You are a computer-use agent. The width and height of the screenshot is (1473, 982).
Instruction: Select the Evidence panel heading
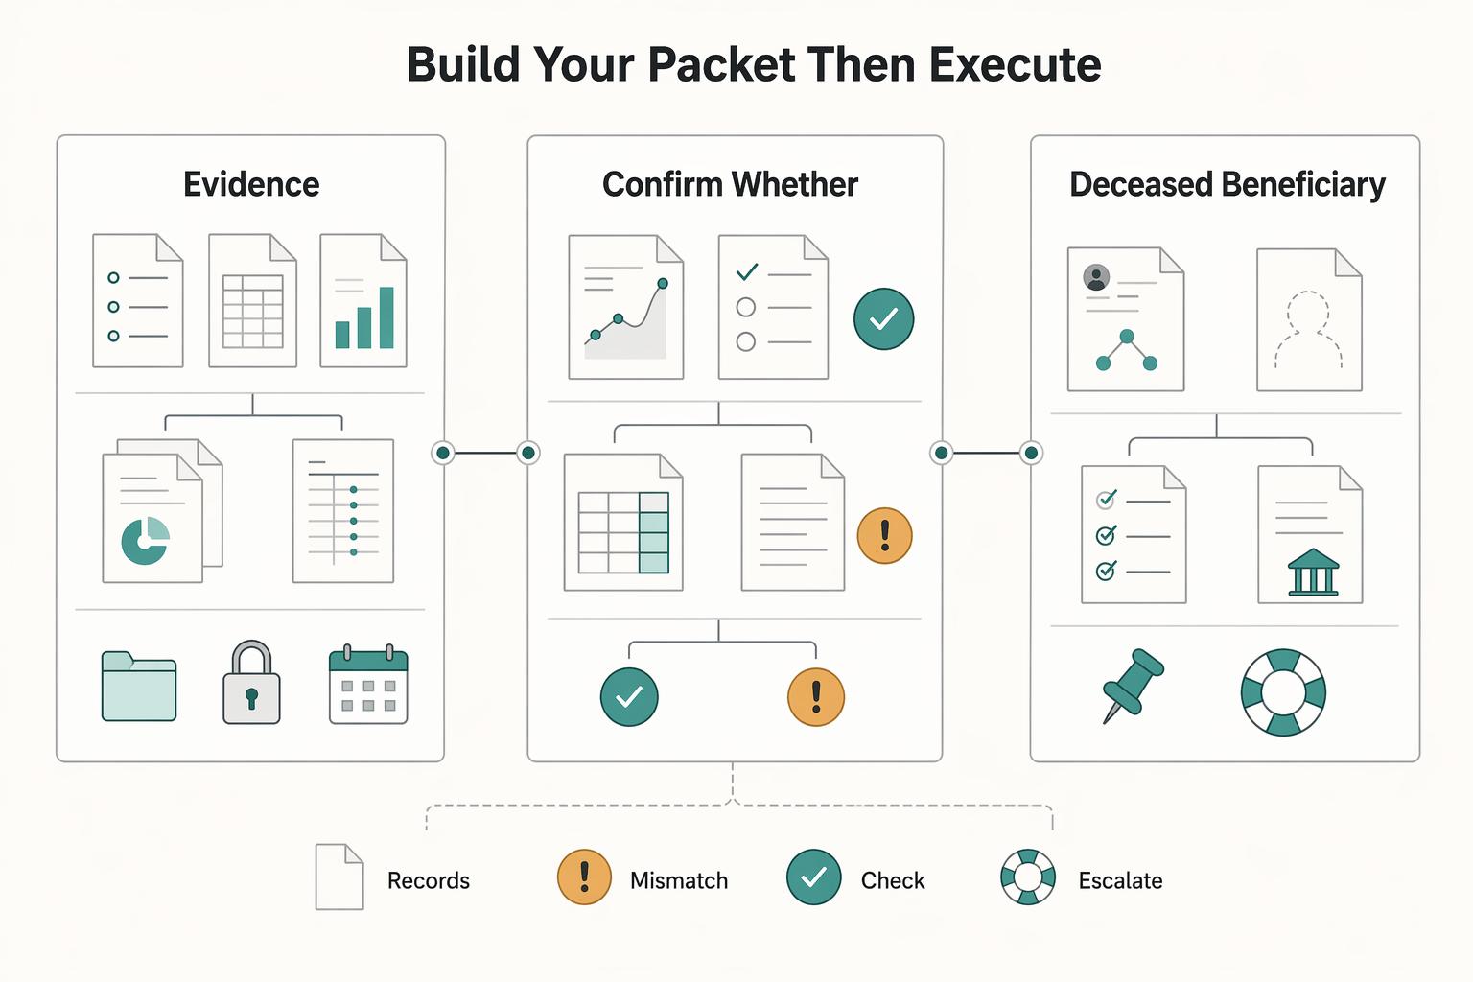pyautogui.click(x=251, y=184)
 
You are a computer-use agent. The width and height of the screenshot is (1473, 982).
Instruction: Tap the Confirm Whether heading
pyautogui.click(x=730, y=184)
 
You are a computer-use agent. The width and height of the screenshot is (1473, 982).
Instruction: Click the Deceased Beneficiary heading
pyautogui.click(x=1227, y=184)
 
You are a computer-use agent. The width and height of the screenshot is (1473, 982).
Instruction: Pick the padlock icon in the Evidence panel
pyautogui.click(x=252, y=683)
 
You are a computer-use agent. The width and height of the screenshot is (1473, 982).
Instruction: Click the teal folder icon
pyautogui.click(x=139, y=686)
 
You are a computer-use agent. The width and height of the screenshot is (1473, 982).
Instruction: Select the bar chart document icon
pyautogui.click(x=363, y=300)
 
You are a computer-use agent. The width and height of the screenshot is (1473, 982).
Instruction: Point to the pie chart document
pyautogui.click(x=162, y=511)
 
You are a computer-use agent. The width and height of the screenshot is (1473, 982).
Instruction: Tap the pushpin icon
pyautogui.click(x=1132, y=686)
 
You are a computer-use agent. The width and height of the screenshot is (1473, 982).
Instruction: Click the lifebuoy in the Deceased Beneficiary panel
pyautogui.click(x=1283, y=692)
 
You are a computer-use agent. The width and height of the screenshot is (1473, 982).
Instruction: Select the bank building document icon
pyautogui.click(x=1310, y=534)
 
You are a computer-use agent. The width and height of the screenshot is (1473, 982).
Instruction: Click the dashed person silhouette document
pyautogui.click(x=1309, y=319)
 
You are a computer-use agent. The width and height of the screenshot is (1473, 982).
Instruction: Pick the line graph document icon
pyautogui.click(x=626, y=307)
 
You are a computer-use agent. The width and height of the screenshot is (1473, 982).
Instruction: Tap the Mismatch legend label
pyautogui.click(x=679, y=880)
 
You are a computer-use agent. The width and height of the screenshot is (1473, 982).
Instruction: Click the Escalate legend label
pyautogui.click(x=1120, y=880)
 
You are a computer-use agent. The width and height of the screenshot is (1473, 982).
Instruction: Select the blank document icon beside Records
pyautogui.click(x=339, y=877)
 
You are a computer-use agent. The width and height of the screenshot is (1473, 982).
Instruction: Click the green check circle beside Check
pyautogui.click(x=813, y=877)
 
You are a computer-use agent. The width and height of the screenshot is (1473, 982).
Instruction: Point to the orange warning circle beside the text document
pyautogui.click(x=884, y=535)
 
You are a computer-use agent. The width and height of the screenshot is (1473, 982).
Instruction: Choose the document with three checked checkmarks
pyautogui.click(x=1134, y=534)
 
